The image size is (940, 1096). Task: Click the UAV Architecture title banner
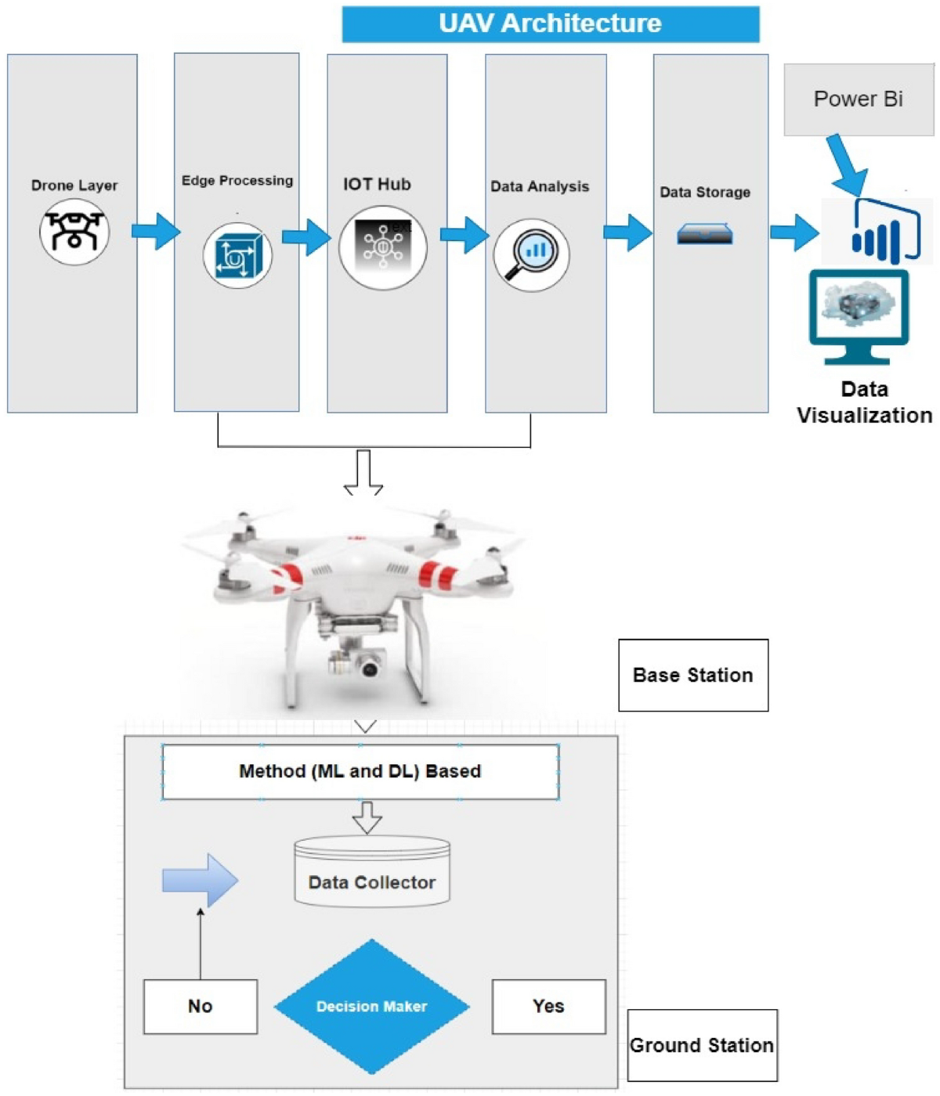click(x=550, y=23)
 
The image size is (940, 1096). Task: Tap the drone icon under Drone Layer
click(x=74, y=232)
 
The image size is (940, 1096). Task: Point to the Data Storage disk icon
click(x=705, y=234)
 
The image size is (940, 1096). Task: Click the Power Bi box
click(x=859, y=99)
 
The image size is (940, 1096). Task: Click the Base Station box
click(x=693, y=675)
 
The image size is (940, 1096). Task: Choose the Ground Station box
click(x=702, y=1045)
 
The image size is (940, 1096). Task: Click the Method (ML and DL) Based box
click(x=360, y=772)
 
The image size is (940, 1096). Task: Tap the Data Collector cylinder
click(x=372, y=873)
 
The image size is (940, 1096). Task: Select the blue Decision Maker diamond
click(x=372, y=1007)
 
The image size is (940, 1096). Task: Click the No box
click(x=201, y=1007)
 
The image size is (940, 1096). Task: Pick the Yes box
click(x=548, y=1007)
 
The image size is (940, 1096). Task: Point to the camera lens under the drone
click(x=369, y=667)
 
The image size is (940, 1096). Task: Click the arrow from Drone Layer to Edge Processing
click(x=156, y=231)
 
